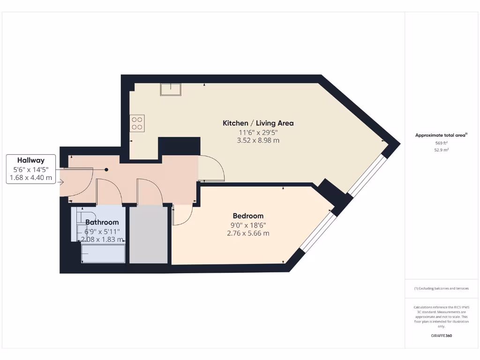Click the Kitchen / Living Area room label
[x=258, y=123]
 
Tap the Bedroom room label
[x=248, y=216]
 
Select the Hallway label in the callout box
[x=31, y=160]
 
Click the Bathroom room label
[x=102, y=222]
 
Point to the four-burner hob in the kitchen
[x=137, y=123]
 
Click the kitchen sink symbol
[x=171, y=89]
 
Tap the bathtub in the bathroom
[x=103, y=255]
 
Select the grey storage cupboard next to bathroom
[x=148, y=234]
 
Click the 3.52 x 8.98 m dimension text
[x=258, y=140]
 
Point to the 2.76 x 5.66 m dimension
[x=248, y=233]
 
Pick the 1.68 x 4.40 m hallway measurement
[x=31, y=178]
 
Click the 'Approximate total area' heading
[x=441, y=135]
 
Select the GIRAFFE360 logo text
[x=441, y=336]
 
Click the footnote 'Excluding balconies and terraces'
[x=441, y=288]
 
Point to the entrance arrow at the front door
[x=61, y=182]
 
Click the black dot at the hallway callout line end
[x=106, y=170]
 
